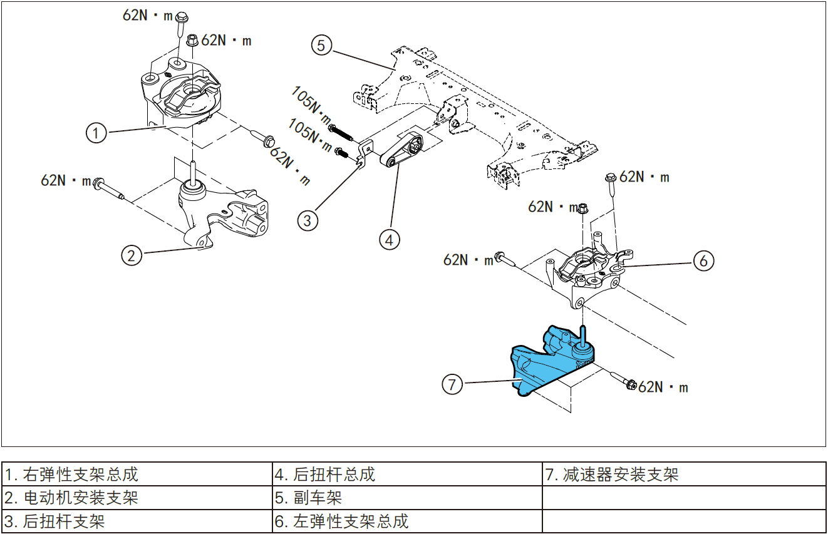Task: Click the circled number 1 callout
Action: [x=96, y=133]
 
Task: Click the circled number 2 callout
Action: [x=131, y=255]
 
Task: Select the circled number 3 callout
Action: [x=308, y=220]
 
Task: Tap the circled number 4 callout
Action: [x=389, y=239]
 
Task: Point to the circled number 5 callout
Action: [x=321, y=45]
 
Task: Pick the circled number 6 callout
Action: [x=703, y=260]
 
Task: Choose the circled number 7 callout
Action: [x=452, y=383]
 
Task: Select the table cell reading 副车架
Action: [x=407, y=498]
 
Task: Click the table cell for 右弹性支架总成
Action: [x=137, y=474]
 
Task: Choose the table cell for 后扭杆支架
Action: [x=137, y=521]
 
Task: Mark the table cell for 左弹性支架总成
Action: [x=407, y=521]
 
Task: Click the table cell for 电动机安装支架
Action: [x=137, y=498]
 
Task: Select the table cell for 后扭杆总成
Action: [x=407, y=474]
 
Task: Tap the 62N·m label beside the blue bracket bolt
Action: [x=663, y=388]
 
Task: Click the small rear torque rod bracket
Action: [x=365, y=153]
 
